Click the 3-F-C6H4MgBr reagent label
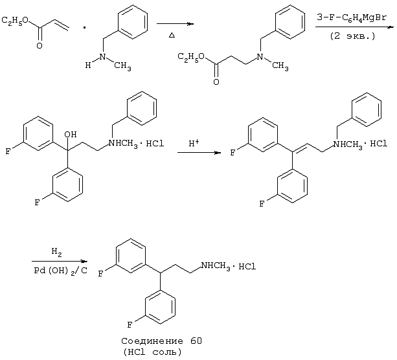tap(352, 18)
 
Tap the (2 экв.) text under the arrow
tap(352, 36)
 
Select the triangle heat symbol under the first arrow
tap(172, 35)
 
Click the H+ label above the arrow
tap(194, 143)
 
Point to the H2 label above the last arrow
tap(56, 252)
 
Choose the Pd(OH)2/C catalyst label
tap(60, 271)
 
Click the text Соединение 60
tap(161, 341)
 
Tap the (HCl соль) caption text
tap(152, 352)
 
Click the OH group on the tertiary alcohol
tap(71, 134)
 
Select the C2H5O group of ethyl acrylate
tap(15, 21)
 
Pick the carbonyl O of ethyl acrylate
tap(40, 45)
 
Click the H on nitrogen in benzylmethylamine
tap(88, 65)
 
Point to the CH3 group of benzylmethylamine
tap(122, 66)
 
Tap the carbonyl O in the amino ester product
tap(216, 82)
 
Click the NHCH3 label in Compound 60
tap(216, 266)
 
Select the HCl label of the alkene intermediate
tap(379, 144)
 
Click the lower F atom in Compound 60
tap(130, 325)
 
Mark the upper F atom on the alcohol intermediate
tap(8, 152)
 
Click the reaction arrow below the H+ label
tap(199, 153)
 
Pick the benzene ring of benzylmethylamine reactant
tap(132, 21)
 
